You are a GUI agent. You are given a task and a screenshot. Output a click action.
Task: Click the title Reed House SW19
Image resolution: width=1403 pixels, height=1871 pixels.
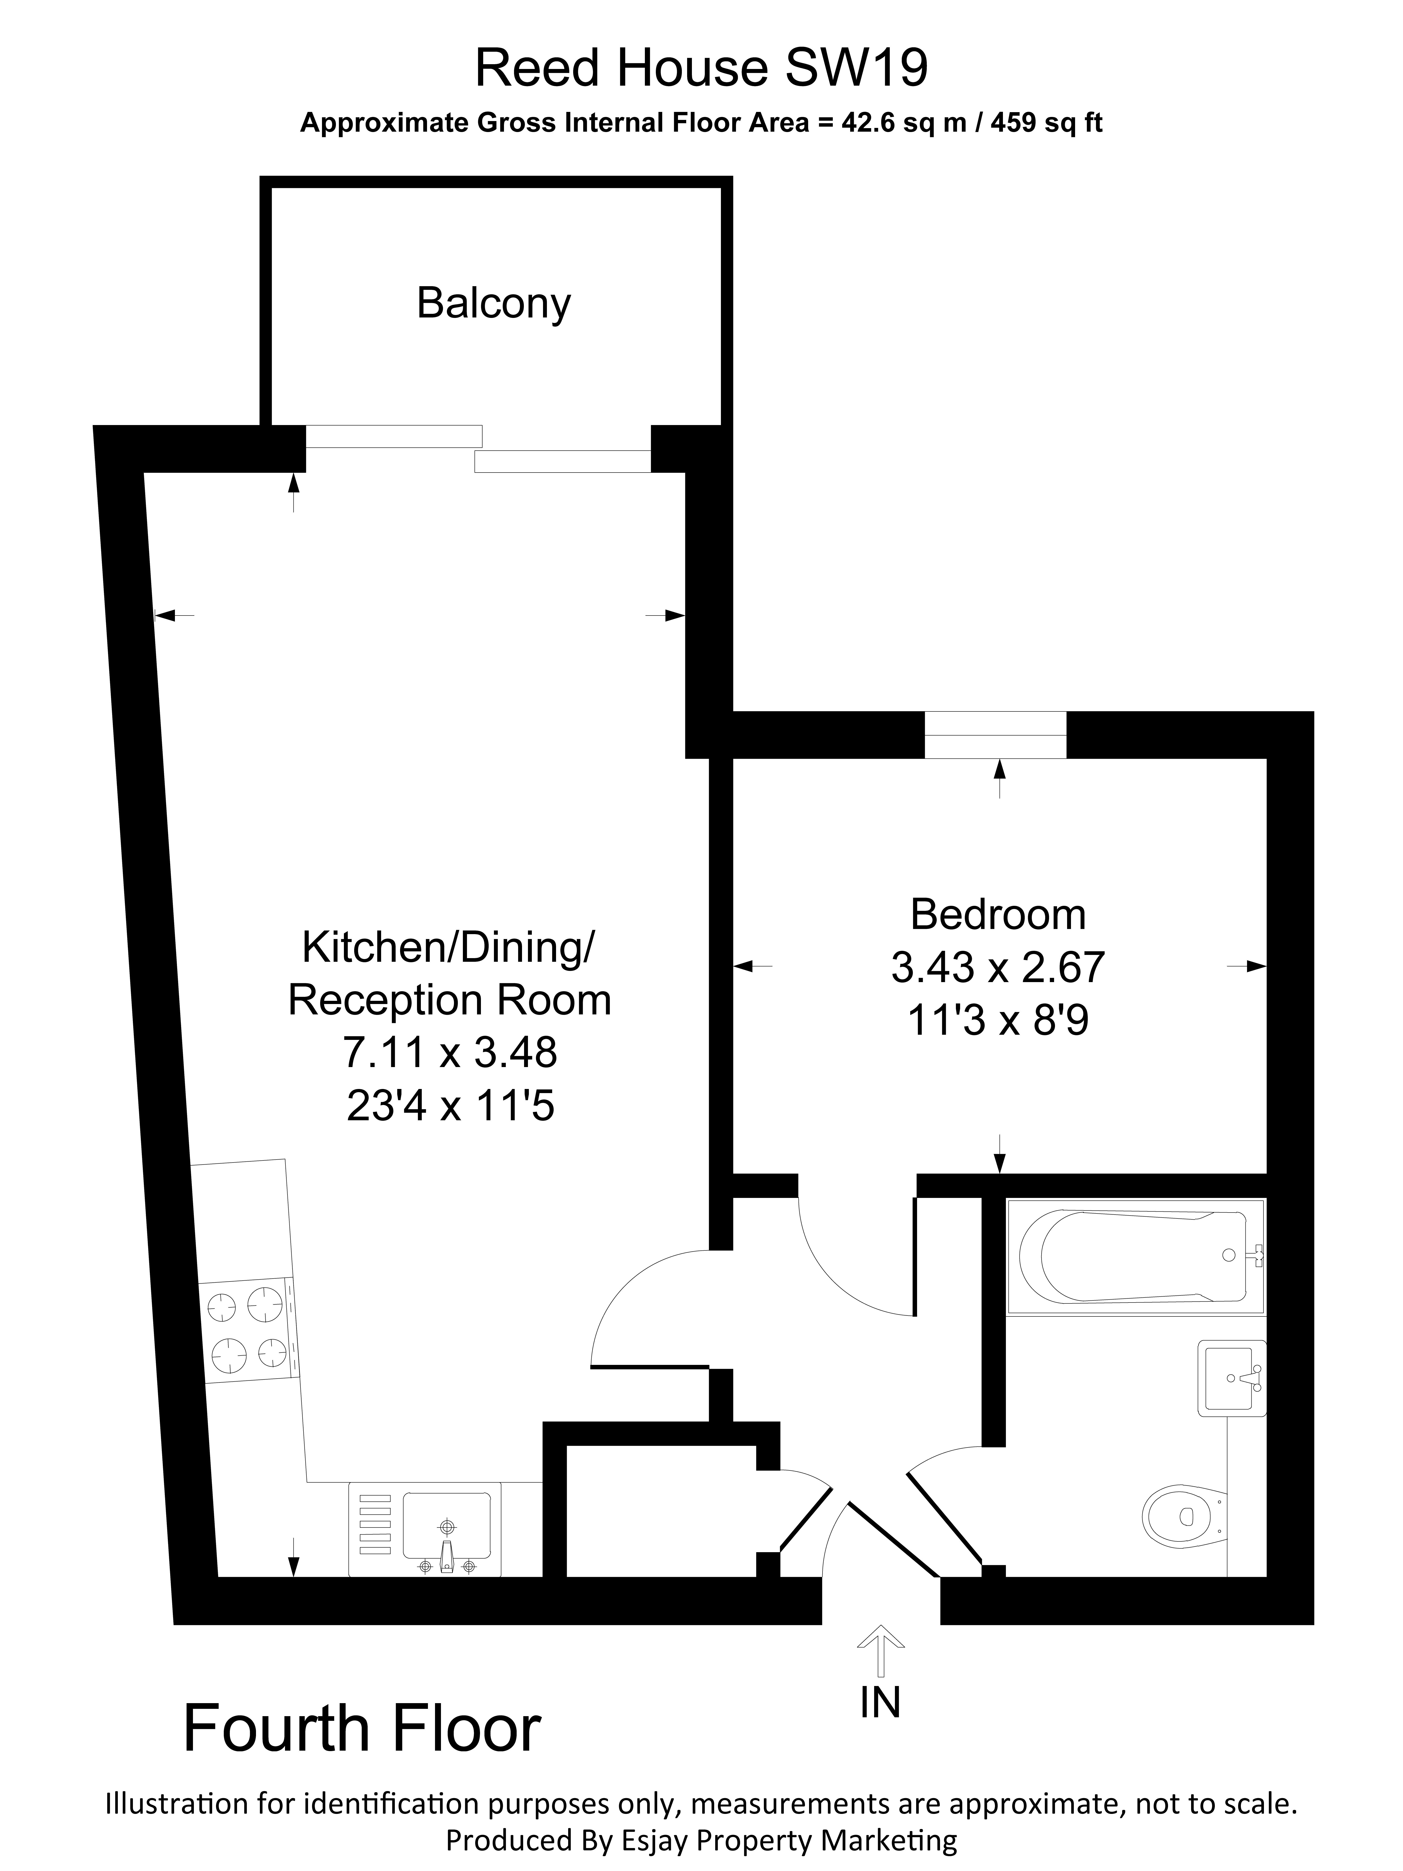[701, 69]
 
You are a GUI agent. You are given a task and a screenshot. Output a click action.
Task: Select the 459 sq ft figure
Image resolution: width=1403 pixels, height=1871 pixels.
[1046, 124]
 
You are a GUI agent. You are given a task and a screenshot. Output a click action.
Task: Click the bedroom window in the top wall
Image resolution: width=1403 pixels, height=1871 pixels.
[995, 735]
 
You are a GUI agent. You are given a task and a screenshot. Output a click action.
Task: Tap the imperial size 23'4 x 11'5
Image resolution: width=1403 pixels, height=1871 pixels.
[450, 1105]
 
